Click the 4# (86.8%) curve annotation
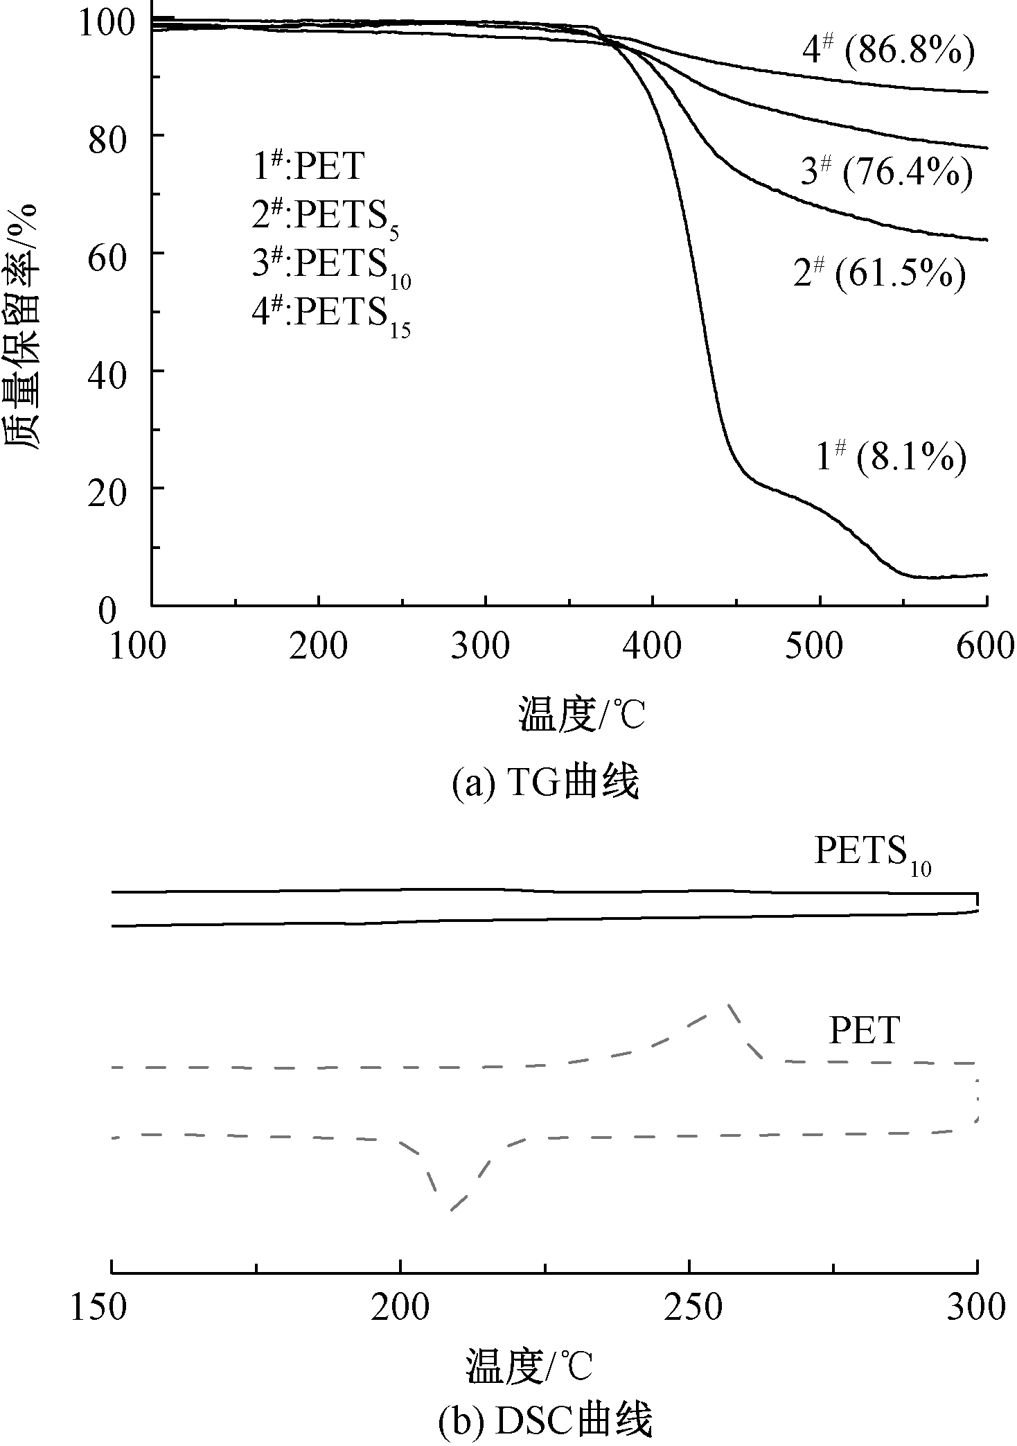(x=889, y=53)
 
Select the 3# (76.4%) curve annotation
(x=886, y=172)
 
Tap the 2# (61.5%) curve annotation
(x=879, y=275)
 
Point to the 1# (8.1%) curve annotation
(x=891, y=458)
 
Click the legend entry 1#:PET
(x=308, y=166)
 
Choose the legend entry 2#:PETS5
(x=326, y=218)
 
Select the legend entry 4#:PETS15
(x=331, y=314)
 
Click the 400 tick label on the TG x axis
(x=652, y=647)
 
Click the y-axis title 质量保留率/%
(x=24, y=326)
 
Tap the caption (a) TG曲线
(x=545, y=784)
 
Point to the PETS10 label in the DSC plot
(x=872, y=854)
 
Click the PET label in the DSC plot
(x=865, y=1031)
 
